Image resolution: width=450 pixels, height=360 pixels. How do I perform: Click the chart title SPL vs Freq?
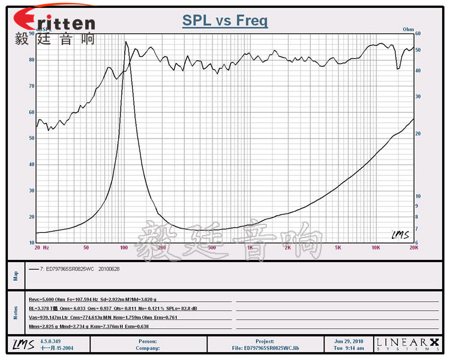coord(225,21)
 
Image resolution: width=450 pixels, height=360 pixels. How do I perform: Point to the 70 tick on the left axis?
coord(31,86)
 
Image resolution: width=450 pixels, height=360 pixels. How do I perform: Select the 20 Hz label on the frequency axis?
coord(41,247)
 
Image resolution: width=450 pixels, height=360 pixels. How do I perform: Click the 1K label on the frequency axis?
coord(249,247)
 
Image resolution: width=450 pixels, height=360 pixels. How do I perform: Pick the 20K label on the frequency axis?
coord(413,247)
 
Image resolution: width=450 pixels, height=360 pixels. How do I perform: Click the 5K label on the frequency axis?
coord(338,247)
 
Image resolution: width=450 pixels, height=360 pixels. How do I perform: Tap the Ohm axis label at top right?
coord(409,29)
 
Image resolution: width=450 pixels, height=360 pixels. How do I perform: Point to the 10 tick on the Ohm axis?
coord(419,196)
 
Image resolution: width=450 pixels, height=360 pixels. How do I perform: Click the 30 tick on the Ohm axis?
coord(419,96)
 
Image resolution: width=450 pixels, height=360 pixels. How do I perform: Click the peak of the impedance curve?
coord(126,41)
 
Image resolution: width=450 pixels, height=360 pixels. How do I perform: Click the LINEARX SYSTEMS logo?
coord(407,344)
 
